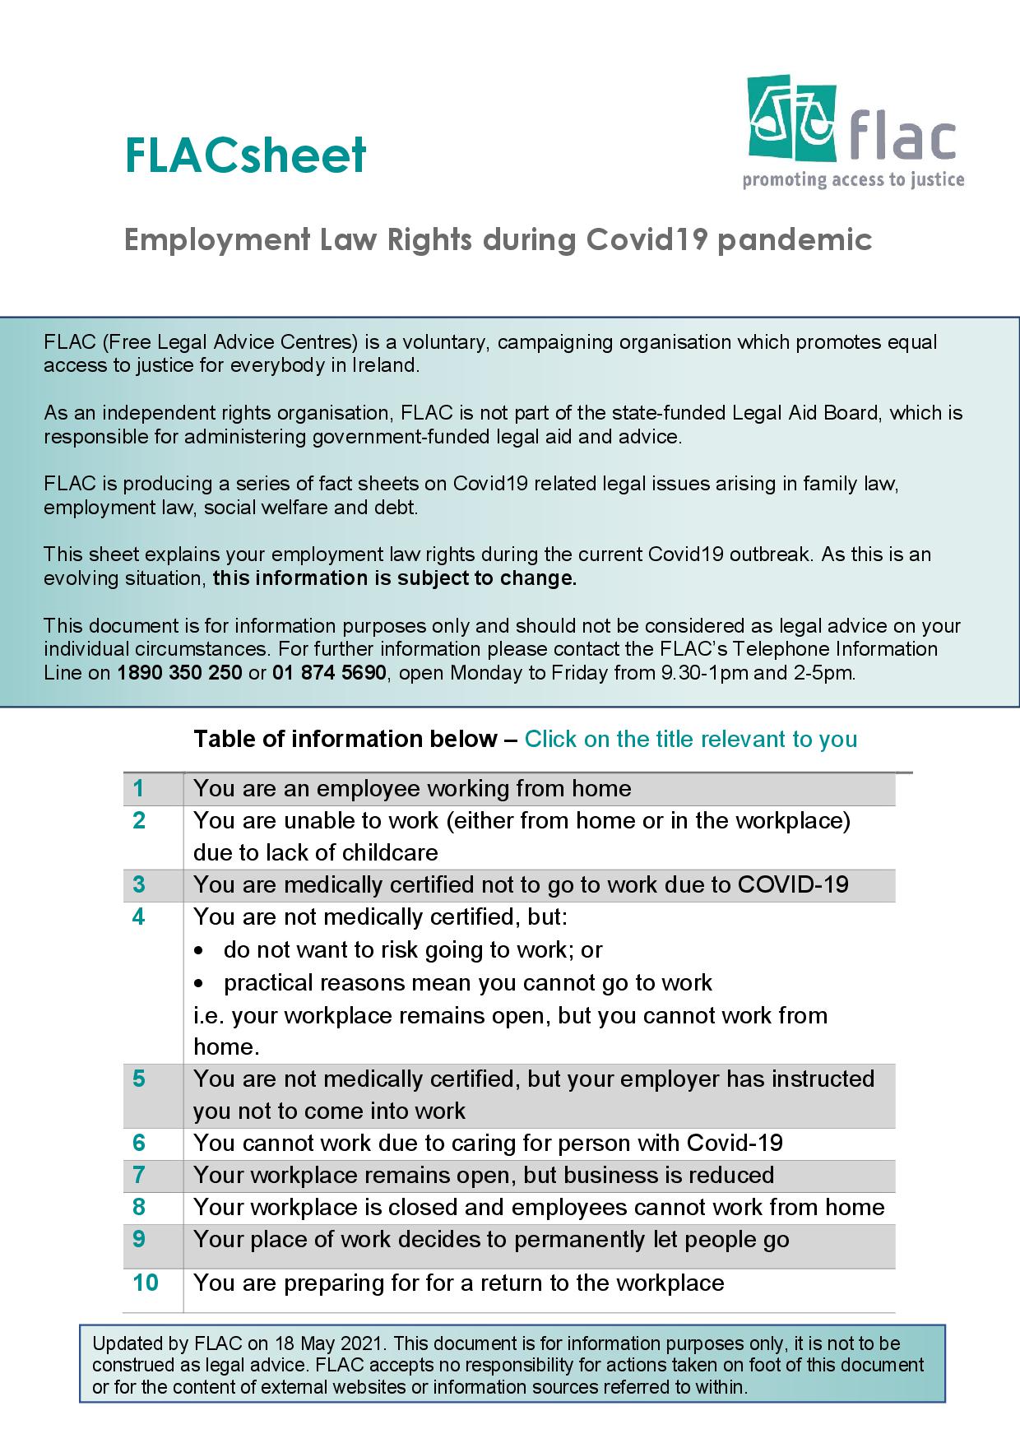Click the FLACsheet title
tap(245, 155)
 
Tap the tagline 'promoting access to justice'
tap(853, 180)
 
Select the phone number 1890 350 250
tap(180, 673)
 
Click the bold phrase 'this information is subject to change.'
tap(395, 578)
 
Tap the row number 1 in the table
tap(138, 789)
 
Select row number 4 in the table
tap(138, 917)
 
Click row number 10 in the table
tap(146, 1283)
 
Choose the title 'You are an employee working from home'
tap(412, 789)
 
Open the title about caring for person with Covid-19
tap(488, 1143)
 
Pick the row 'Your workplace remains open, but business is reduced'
tap(484, 1175)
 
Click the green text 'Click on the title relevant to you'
tap(691, 739)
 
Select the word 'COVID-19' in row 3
tap(793, 885)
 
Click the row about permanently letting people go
tap(491, 1240)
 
